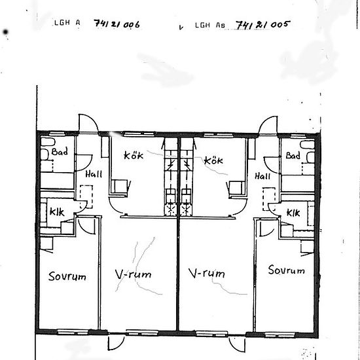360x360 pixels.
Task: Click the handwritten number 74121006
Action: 117,24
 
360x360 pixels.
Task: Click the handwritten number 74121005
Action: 263,25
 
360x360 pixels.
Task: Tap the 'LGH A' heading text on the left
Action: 67,23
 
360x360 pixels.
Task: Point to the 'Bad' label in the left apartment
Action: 60,152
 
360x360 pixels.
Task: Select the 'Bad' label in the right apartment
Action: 293,155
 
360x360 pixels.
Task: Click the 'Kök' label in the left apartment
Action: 134,155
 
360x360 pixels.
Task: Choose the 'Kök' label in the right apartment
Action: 213,160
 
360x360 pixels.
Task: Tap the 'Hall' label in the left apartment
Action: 94,174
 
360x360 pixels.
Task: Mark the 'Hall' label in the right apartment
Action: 262,176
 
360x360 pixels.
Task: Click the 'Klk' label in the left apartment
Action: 57,212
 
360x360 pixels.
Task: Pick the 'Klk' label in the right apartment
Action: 293,213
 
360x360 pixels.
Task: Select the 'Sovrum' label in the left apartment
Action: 67,276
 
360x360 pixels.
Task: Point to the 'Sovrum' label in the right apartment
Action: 287,270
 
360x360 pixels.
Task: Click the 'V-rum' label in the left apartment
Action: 133,274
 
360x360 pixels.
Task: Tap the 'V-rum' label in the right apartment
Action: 207,273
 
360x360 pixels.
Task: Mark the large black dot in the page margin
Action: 5,32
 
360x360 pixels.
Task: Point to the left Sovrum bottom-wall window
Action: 73,332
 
